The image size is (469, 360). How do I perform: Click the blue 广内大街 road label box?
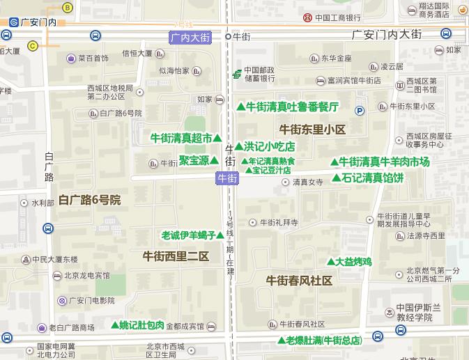pyautogui.click(x=190, y=38)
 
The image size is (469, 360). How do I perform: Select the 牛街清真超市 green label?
pyautogui.click(x=182, y=138)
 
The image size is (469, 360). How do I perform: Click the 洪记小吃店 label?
pyautogui.click(x=269, y=146)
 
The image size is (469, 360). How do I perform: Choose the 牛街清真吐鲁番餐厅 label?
pyautogui.click(x=291, y=107)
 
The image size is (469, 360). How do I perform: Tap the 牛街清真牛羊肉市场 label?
pyautogui.click(x=384, y=162)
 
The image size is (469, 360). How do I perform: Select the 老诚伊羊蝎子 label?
pyautogui.click(x=187, y=235)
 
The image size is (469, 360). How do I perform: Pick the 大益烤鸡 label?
pyautogui.click(x=353, y=262)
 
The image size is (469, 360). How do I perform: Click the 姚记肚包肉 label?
pyautogui.click(x=141, y=324)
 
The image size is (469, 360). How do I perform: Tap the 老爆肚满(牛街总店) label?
pyautogui.click(x=324, y=341)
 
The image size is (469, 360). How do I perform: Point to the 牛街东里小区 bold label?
pyautogui.click(x=312, y=129)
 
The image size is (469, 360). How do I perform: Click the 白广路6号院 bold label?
pyautogui.click(x=90, y=201)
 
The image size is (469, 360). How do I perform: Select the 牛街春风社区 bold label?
pyautogui.click(x=300, y=281)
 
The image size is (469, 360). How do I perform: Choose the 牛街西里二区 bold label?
pyautogui.click(x=176, y=256)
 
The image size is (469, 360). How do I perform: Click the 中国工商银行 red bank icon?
pyautogui.click(x=307, y=17)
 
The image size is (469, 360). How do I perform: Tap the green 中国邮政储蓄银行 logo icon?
pyautogui.click(x=237, y=73)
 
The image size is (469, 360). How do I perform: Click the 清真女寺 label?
pyautogui.click(x=307, y=182)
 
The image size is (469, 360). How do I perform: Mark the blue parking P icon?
pyautogui.click(x=360, y=110)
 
